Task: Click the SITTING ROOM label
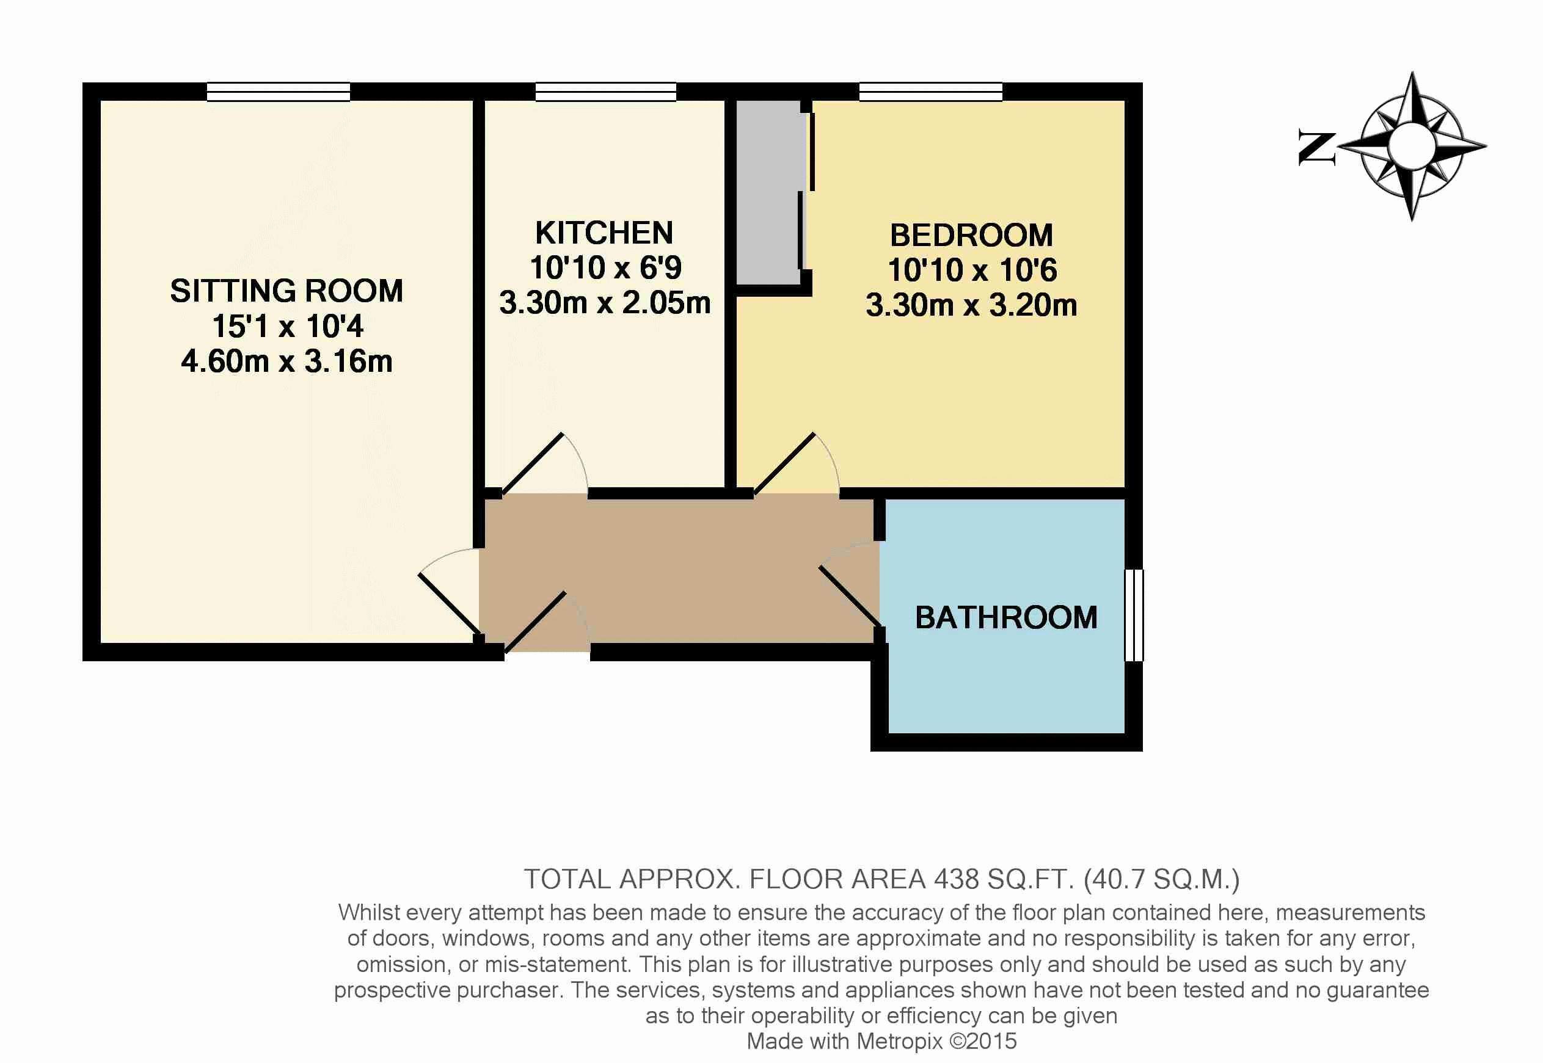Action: pos(286,291)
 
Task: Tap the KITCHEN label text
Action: pos(604,233)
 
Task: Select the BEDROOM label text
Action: pos(971,235)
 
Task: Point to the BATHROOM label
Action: pos(1006,617)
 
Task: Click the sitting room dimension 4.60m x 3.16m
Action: pos(286,361)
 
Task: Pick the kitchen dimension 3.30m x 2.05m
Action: pos(605,303)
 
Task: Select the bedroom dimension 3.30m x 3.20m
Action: pos(971,305)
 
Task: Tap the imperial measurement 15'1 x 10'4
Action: pos(288,327)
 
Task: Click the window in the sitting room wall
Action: pos(279,92)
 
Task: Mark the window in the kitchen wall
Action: pos(605,92)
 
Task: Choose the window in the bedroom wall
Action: pos(931,92)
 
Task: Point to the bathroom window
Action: pos(1134,615)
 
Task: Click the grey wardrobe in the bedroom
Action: pos(768,192)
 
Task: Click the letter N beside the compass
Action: pos(1317,148)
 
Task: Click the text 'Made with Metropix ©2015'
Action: pos(881,1041)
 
